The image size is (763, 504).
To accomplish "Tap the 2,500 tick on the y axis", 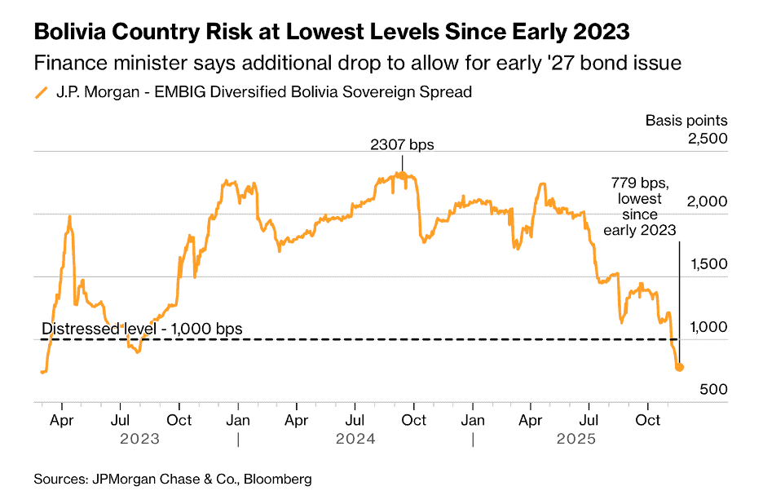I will [707, 139].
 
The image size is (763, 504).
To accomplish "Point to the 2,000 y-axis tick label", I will [707, 201].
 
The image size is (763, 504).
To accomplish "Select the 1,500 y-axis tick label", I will [707, 263].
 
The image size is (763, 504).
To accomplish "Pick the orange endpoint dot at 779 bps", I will [680, 368].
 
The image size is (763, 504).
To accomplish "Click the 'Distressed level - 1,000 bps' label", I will [142, 329].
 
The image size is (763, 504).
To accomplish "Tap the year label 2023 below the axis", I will [140, 439].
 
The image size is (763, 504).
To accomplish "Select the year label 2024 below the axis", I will [355, 439].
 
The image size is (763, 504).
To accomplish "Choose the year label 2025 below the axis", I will [576, 439].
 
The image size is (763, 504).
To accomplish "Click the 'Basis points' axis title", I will [686, 121].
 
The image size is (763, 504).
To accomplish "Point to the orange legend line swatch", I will [41, 92].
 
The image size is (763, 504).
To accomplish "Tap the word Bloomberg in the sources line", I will [278, 480].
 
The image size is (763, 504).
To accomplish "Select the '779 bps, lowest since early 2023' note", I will [640, 206].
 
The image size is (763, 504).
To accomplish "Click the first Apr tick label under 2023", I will [62, 420].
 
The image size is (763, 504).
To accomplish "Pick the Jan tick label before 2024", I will [238, 420].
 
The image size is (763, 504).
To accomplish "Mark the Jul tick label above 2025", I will [589, 420].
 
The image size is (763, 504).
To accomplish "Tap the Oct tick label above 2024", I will [414, 420].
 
